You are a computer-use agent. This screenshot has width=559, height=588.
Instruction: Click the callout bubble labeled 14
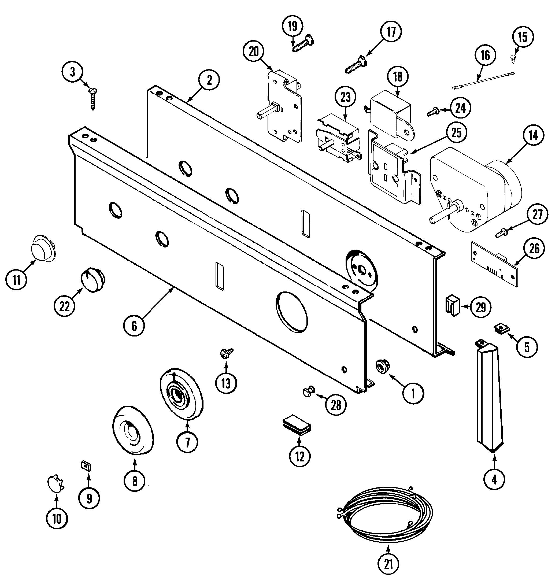(533, 136)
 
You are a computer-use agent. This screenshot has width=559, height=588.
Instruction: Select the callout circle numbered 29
(480, 307)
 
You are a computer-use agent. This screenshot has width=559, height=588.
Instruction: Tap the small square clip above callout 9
(86, 465)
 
